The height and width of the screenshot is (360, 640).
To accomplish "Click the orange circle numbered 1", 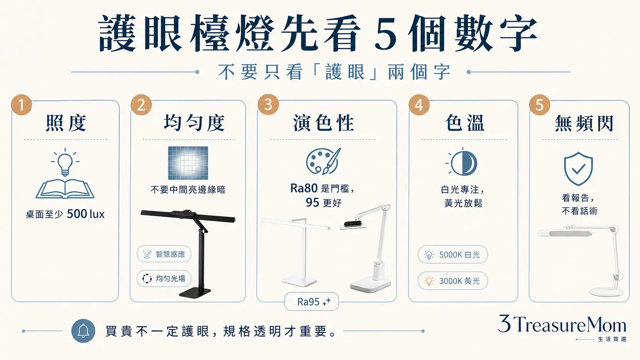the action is pos(21,105).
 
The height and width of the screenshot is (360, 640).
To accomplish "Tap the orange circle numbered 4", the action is pos(419,105).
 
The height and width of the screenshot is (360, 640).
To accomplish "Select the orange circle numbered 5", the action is pos(539,105).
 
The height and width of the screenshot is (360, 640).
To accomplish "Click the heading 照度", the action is pos(66,123).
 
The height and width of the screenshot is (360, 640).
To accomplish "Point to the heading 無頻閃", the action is pos(584,123).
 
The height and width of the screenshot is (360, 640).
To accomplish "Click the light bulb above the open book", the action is pos(65,161).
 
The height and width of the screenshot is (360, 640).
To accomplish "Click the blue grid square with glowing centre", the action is pos(188,163).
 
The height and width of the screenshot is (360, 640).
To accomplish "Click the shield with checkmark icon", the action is pos(578,169).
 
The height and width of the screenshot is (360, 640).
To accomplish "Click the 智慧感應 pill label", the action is pos(164,254).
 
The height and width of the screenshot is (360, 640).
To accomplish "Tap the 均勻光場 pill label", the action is pos(164,279).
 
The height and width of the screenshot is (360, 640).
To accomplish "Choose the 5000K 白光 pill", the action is pos(452,254).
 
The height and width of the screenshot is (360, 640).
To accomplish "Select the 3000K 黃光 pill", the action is pos(452,281).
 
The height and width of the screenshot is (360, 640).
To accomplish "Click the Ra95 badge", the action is pos(312,301).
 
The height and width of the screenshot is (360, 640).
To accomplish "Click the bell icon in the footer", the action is pos(83,331).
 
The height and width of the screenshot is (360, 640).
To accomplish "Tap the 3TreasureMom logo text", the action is pos(562,324).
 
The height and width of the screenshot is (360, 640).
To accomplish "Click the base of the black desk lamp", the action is pos(195,293).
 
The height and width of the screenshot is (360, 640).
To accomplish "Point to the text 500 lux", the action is pos(86,214).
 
